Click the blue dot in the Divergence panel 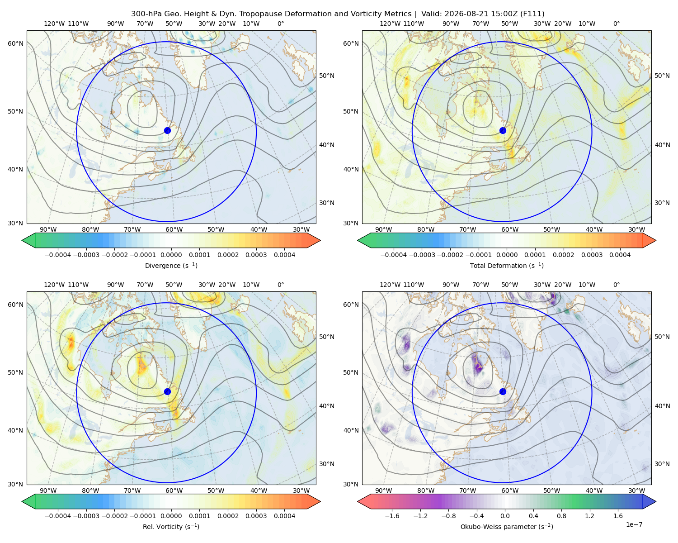167,131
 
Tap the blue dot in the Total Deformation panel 503,131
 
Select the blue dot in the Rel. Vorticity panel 167,391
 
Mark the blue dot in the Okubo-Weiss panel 503,391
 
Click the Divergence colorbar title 171,266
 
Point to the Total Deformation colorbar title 507,266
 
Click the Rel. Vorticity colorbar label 171,527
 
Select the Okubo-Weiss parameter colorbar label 507,527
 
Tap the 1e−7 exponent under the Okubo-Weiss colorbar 634,525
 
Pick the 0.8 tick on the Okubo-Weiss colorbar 561,516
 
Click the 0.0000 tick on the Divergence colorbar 171,255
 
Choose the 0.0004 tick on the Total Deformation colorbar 620,255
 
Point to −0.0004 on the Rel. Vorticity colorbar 58,516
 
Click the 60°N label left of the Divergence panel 15,43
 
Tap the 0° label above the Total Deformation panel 616,24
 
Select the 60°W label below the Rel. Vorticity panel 174,491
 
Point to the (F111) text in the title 532,14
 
